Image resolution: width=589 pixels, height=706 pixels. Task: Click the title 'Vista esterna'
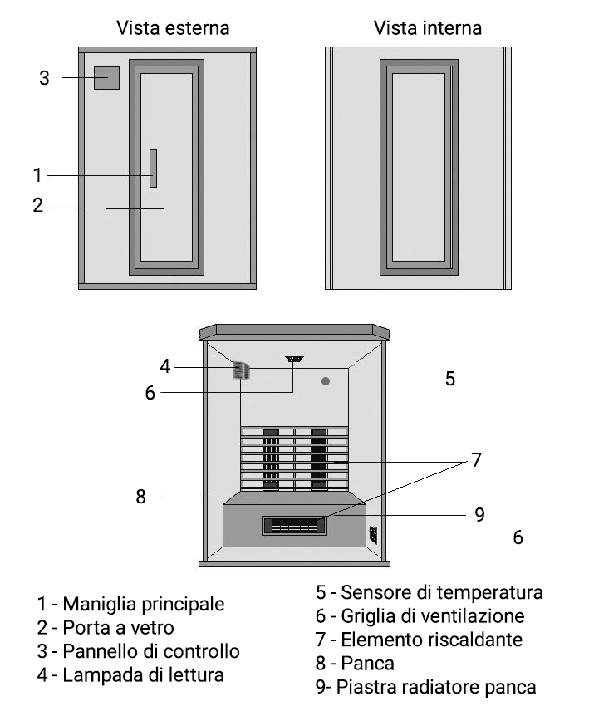tap(172, 28)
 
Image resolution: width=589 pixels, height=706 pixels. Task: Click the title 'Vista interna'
tap(427, 28)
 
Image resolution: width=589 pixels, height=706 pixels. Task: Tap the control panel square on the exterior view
tap(106, 78)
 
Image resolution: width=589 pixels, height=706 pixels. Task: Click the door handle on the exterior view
tap(153, 169)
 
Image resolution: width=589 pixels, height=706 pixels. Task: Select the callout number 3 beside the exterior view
tap(44, 79)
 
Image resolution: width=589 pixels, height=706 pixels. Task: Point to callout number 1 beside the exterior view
tap(37, 175)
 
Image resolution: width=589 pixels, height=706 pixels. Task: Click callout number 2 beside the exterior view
tap(37, 206)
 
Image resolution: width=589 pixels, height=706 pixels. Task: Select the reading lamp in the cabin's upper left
tap(241, 370)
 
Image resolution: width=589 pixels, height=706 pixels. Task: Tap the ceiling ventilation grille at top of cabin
tap(294, 360)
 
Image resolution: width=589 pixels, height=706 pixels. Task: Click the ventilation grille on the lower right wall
tap(373, 535)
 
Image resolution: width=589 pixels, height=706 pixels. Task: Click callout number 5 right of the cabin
tap(449, 380)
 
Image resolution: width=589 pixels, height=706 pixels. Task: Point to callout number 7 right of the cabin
tap(476, 460)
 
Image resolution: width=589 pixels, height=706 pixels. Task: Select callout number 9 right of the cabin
tap(479, 514)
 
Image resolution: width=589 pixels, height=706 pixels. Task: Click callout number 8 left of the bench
tap(140, 498)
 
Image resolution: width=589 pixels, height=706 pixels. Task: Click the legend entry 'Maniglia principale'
tap(130, 604)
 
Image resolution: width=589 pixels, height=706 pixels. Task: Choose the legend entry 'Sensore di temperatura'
tap(429, 592)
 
